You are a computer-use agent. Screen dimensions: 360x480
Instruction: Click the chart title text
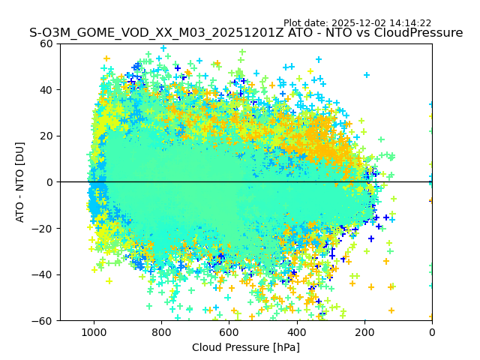click(246, 33)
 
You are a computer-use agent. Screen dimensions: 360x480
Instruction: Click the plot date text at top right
click(357, 23)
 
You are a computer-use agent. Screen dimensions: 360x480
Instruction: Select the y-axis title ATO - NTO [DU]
click(21, 182)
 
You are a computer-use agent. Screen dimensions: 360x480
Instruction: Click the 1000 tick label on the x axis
click(94, 332)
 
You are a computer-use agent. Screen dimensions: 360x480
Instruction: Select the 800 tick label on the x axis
click(161, 332)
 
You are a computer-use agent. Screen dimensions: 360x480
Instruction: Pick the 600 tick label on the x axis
click(229, 332)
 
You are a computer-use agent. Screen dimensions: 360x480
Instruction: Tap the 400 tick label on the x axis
click(296, 332)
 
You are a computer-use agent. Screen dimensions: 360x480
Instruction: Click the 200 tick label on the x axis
click(364, 332)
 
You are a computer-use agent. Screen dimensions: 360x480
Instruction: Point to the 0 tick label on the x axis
click(432, 332)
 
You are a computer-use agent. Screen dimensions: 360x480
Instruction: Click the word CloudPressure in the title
click(421, 33)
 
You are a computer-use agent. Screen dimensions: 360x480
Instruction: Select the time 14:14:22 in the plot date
click(410, 23)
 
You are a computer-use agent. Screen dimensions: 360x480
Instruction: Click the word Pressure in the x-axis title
click(248, 347)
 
